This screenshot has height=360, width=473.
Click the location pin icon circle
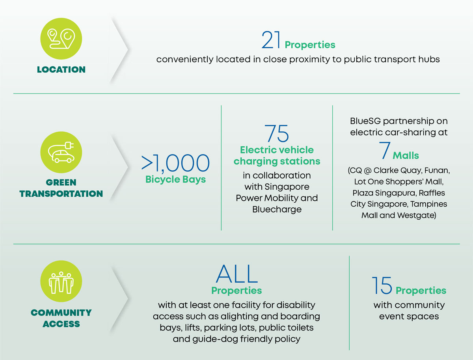coord(61,39)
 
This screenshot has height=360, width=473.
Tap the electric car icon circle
coord(61,152)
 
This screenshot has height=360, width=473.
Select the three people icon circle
coord(61,281)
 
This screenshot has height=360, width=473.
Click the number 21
coord(271,40)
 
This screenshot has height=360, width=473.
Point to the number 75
coord(277,133)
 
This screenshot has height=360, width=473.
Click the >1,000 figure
coord(175,163)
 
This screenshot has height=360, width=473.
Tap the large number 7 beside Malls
coord(385,151)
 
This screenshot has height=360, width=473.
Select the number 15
coord(382,285)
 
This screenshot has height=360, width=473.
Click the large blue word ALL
coord(236,274)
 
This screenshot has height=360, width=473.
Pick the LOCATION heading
coord(61,70)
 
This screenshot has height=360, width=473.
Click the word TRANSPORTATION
coord(61,194)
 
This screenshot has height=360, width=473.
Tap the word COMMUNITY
coord(61,313)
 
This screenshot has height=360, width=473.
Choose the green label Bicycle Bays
coord(175,179)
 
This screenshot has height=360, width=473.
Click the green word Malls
coord(406,156)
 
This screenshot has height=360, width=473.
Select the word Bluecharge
coord(277,209)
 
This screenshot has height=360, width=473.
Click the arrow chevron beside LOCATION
coord(119,50)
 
